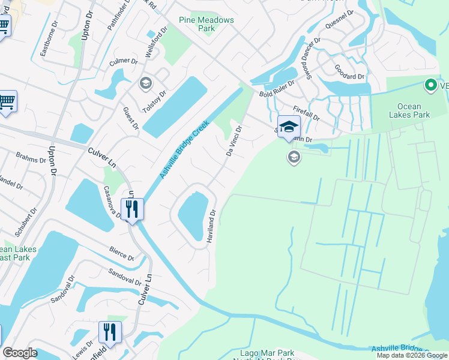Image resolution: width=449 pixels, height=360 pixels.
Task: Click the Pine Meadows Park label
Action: (x=206, y=24)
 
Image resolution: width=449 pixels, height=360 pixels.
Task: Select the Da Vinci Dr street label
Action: (x=234, y=140)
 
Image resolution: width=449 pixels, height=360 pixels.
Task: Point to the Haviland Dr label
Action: (x=211, y=226)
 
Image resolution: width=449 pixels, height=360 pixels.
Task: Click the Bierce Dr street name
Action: (x=122, y=253)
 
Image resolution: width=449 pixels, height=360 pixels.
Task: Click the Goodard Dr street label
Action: (x=349, y=72)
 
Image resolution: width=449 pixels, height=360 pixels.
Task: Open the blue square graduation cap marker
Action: (x=289, y=127)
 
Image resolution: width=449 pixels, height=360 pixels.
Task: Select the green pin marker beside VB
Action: (x=430, y=86)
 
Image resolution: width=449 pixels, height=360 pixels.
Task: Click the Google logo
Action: (x=20, y=353)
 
